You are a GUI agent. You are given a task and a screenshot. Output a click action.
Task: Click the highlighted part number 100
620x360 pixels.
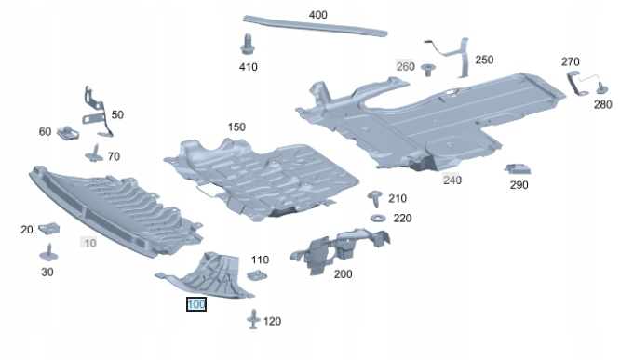(x=196, y=304)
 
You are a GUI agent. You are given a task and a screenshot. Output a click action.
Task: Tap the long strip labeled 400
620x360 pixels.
(x=315, y=26)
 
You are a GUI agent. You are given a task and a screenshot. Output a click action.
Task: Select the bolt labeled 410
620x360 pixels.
(x=248, y=45)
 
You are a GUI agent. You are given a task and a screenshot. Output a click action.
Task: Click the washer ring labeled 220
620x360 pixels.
(x=378, y=218)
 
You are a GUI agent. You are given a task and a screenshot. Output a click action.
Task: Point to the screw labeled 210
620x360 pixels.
(x=374, y=198)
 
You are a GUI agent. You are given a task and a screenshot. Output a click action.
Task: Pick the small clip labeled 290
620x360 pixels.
(x=518, y=168)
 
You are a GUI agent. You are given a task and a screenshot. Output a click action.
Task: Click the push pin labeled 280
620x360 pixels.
(x=601, y=88)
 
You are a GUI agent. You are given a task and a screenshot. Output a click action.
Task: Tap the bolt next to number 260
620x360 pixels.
(x=427, y=70)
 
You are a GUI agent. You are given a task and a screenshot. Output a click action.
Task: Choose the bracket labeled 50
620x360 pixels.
(x=97, y=113)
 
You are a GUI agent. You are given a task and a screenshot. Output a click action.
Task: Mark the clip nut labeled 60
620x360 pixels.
(x=68, y=133)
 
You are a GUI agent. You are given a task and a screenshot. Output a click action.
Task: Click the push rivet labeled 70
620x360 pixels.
(x=94, y=153)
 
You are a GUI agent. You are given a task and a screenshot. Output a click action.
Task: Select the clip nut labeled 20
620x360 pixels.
(x=49, y=228)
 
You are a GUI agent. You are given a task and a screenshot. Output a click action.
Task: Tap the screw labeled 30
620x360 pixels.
(x=49, y=253)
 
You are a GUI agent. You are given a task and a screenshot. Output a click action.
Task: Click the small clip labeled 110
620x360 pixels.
(x=257, y=274)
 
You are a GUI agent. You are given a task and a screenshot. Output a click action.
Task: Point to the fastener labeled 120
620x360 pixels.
(x=253, y=319)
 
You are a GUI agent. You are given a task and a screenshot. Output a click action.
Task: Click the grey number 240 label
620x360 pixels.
(x=452, y=180)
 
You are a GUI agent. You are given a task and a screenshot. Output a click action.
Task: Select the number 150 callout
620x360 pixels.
(x=236, y=127)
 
